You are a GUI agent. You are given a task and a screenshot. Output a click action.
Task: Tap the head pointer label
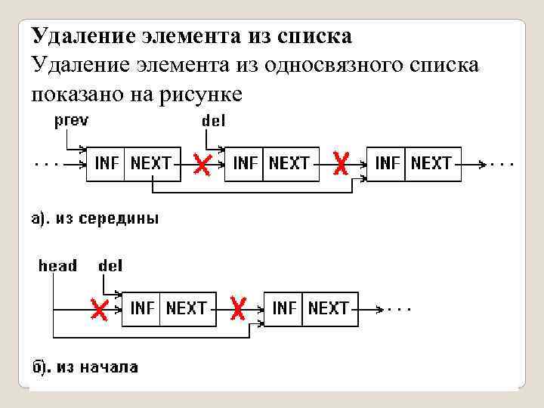tap(57, 265)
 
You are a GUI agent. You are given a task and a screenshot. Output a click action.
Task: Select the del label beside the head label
tap(110, 265)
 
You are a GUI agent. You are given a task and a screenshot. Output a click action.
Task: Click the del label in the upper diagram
tap(214, 120)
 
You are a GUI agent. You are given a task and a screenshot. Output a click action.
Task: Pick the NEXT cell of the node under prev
tap(151, 162)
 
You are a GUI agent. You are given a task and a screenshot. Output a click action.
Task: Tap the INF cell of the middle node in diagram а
tap(245, 162)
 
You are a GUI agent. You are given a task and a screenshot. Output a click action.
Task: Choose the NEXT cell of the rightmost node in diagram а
tap(431, 162)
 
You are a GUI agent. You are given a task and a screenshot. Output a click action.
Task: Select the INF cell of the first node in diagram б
tap(142, 308)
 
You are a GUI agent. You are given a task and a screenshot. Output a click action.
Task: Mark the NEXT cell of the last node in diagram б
tap(329, 308)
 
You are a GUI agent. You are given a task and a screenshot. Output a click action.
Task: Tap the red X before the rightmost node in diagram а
tap(342, 163)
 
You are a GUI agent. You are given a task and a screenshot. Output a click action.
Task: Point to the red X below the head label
tap(97, 308)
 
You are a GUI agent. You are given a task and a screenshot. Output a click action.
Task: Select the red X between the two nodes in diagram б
tap(238, 308)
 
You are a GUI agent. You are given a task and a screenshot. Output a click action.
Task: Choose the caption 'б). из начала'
tap(84, 367)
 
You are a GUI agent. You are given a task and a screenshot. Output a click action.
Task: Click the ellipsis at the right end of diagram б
tap(398, 308)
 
